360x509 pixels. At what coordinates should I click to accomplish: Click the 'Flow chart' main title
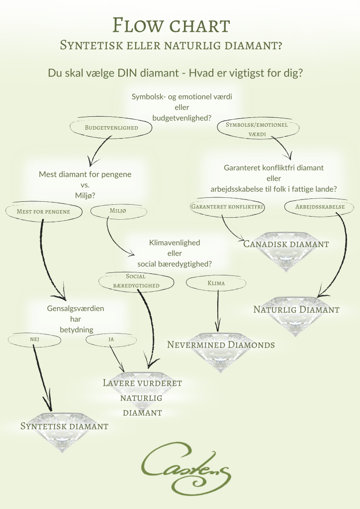[171, 25]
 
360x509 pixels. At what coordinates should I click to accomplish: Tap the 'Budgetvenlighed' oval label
[111, 128]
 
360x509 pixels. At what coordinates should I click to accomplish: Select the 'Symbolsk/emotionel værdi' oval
[258, 129]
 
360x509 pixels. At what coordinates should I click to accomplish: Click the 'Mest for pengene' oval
[43, 212]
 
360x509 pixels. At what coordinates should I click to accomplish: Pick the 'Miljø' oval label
[118, 211]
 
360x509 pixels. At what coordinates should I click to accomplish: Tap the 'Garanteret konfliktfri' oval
[227, 207]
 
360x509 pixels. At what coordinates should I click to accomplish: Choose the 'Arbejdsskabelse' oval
[320, 207]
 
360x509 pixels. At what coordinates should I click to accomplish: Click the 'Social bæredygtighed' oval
[136, 281]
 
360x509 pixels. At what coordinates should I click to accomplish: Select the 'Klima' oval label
[216, 283]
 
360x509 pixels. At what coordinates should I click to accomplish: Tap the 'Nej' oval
[34, 340]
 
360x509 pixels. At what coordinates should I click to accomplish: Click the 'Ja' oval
[111, 339]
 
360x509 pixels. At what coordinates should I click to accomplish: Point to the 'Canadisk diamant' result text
[286, 244]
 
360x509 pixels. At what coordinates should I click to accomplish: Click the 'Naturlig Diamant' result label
[296, 309]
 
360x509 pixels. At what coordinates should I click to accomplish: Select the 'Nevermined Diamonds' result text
[221, 345]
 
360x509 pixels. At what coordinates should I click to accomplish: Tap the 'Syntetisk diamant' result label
[64, 426]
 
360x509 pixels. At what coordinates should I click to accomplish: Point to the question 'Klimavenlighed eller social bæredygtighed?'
[175, 253]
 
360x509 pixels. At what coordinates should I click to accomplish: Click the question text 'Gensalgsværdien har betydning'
[76, 319]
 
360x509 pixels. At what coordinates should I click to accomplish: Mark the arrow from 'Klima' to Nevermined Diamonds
[218, 311]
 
